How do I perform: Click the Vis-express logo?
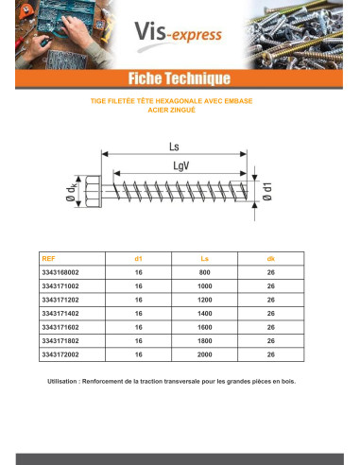tap(184, 35)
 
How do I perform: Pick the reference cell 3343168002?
tap(63, 272)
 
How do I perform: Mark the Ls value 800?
tap(204, 272)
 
